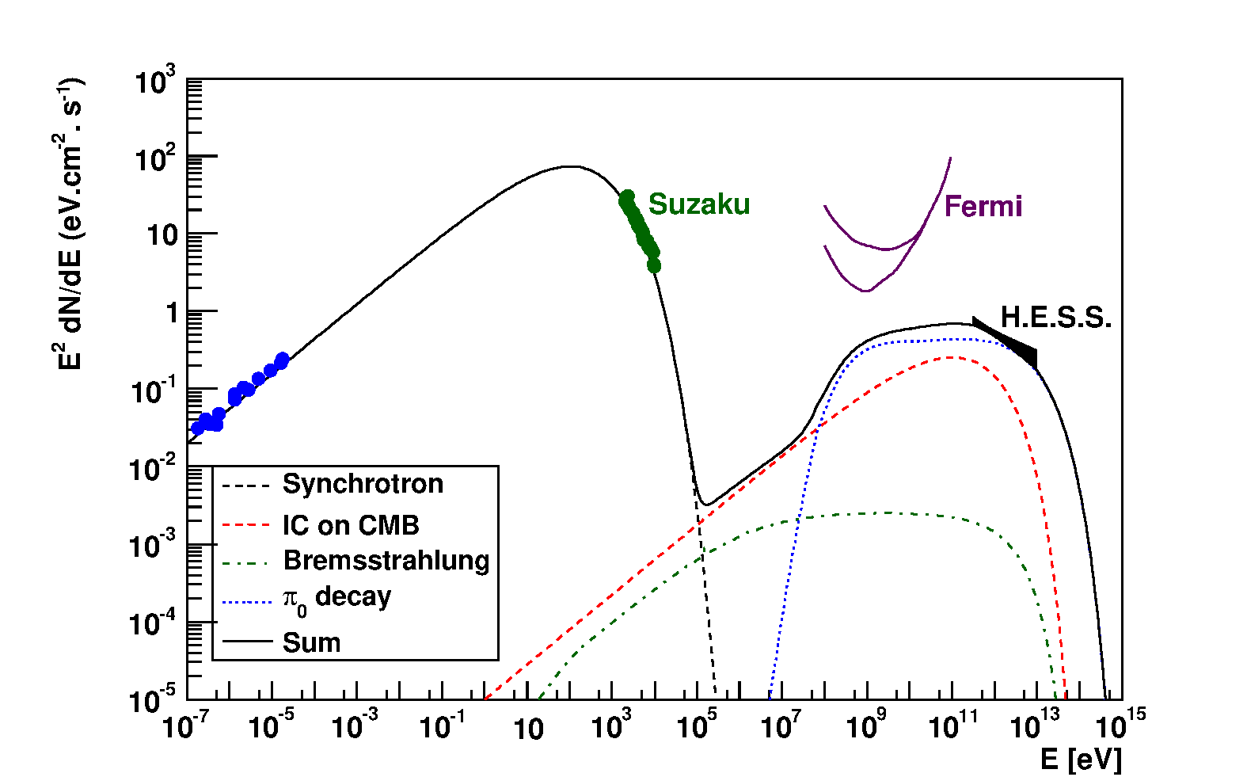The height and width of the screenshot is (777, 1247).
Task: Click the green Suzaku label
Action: (x=698, y=204)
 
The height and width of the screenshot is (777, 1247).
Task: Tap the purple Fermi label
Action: (x=983, y=207)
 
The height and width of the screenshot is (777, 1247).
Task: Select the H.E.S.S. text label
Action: (x=1056, y=318)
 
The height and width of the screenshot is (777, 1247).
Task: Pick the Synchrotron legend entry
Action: (x=362, y=484)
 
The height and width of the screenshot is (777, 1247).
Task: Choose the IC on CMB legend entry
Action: (x=350, y=525)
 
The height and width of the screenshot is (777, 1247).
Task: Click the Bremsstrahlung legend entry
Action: (x=386, y=561)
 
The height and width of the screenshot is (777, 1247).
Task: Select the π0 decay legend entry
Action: (x=336, y=598)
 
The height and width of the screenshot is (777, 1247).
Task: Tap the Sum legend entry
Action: (x=311, y=642)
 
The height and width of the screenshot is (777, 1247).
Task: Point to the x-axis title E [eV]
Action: (x=1081, y=759)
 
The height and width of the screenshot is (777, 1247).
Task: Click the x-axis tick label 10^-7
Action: (x=185, y=726)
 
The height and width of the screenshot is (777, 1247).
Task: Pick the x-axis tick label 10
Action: (x=527, y=729)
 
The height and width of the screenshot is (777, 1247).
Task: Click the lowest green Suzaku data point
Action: (x=654, y=266)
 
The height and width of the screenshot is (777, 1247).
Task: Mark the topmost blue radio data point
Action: (x=282, y=360)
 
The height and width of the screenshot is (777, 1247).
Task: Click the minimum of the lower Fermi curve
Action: (x=866, y=291)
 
